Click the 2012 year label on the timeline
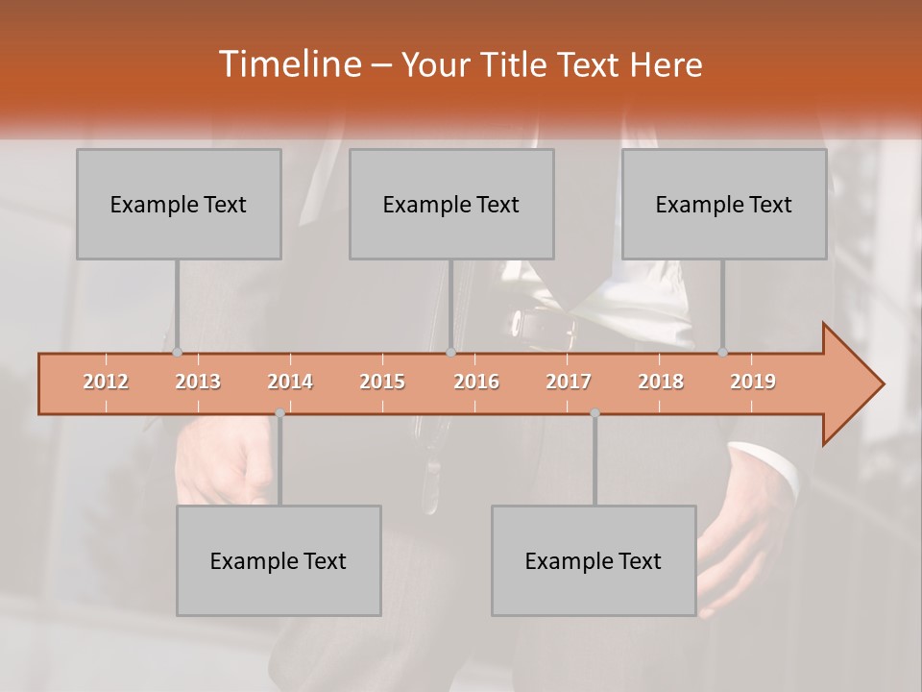coord(106,383)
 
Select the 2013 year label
coord(198,383)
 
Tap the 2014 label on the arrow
coord(290,383)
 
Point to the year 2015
coord(382,383)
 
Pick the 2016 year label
coord(476,383)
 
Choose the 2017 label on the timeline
coord(569,383)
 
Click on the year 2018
coord(661,383)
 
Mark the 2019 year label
coord(753,383)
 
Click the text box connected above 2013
coord(179,204)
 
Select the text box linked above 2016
coord(451,204)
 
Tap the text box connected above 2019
coord(724,204)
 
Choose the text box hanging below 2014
coord(279,560)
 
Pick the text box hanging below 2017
coord(594,560)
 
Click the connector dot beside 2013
coord(177,353)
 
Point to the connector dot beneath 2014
coord(279,413)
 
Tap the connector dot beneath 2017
coord(594,413)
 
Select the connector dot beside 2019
coord(722,353)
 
